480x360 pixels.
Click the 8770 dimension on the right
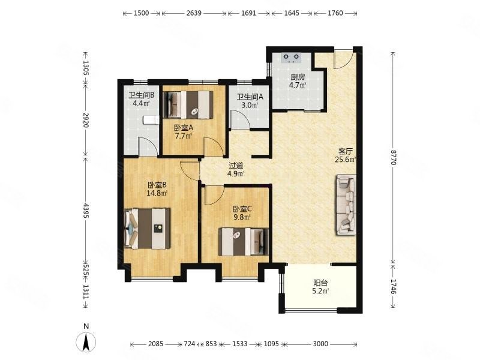[x=394, y=157]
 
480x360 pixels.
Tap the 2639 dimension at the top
[x=194, y=13]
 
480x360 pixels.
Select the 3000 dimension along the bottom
[x=320, y=344]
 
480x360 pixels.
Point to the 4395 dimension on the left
[x=86, y=211]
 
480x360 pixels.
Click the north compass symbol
[x=86, y=340]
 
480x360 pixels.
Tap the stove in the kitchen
[x=291, y=58]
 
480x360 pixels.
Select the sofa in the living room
[x=347, y=205]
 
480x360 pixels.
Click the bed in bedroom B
[x=148, y=229]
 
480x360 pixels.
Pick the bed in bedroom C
[x=244, y=242]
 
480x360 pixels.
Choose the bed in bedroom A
[x=188, y=104]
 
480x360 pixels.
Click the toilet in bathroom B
[x=151, y=119]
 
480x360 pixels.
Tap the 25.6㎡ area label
[x=346, y=160]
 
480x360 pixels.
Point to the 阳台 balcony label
[x=320, y=283]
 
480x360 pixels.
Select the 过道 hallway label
[x=236, y=166]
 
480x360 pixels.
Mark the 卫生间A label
[x=250, y=97]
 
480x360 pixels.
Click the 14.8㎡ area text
[x=157, y=193]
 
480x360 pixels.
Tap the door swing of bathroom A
[x=241, y=121]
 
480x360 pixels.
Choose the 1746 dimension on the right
[x=394, y=287]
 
